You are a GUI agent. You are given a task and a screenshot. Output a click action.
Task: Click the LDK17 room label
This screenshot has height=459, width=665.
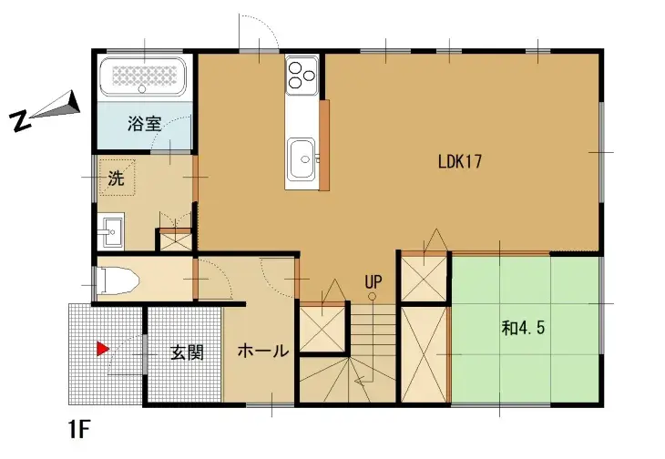click(459, 162)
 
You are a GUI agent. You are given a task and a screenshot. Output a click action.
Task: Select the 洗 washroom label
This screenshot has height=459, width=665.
click(116, 179)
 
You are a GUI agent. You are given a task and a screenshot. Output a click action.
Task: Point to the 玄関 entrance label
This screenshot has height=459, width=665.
click(186, 352)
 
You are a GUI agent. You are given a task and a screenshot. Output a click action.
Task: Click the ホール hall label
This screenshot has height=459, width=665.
click(264, 351)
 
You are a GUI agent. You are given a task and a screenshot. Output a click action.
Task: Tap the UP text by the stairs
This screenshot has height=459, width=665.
click(373, 281)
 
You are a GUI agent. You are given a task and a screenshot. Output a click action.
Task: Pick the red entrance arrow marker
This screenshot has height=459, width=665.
click(104, 348)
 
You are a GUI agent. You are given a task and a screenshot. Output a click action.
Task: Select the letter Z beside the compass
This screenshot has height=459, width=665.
click(16, 120)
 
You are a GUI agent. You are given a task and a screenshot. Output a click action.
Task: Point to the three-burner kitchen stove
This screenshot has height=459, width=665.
click(302, 73)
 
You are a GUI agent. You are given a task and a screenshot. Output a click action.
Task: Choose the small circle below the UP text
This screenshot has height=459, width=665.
click(373, 296)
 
